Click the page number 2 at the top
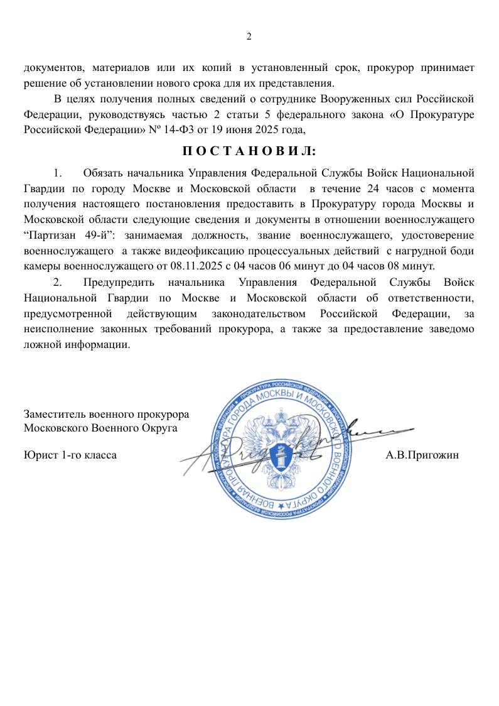[249, 36]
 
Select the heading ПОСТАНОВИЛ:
[249, 151]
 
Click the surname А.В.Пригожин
[422, 454]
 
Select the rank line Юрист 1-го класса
[70, 454]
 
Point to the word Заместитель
[55, 415]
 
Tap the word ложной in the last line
[41, 344]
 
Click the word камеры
[42, 265]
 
